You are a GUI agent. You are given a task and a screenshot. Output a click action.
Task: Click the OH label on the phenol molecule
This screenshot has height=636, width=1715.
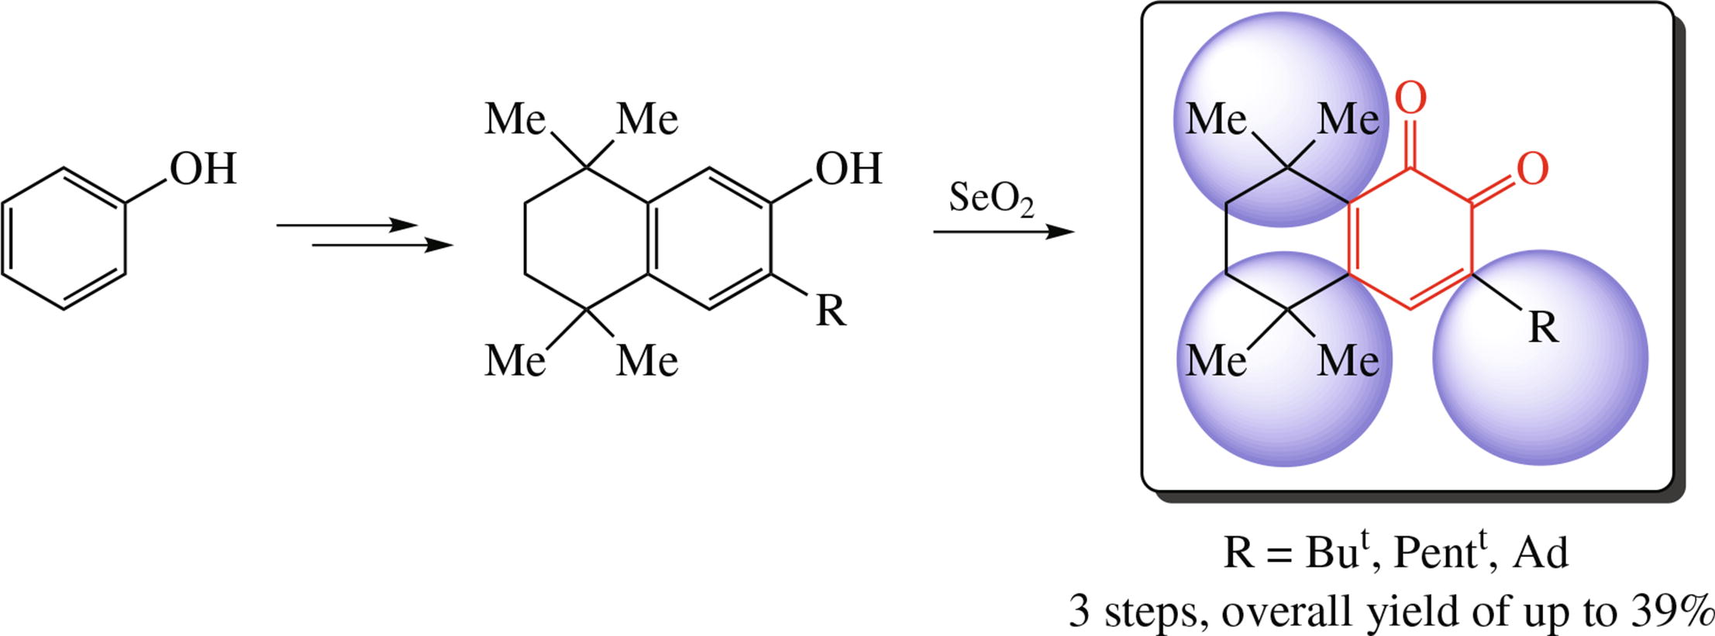click(203, 169)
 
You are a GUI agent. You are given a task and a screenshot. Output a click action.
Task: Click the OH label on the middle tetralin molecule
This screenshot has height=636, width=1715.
click(849, 169)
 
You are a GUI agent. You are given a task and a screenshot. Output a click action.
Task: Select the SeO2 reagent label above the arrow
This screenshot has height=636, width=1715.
click(991, 199)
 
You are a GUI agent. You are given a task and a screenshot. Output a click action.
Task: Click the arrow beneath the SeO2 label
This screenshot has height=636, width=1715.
click(1003, 232)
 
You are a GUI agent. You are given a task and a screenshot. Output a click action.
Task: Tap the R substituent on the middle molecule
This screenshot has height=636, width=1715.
click(831, 311)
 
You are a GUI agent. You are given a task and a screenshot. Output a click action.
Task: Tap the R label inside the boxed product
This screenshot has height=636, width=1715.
click(1542, 328)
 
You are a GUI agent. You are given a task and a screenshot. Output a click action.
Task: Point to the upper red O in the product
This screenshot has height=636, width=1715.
click(1410, 99)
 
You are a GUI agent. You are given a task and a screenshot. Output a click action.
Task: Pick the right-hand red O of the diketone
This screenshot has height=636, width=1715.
click(1532, 169)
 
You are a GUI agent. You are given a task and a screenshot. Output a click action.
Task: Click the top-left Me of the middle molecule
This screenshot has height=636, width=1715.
click(515, 120)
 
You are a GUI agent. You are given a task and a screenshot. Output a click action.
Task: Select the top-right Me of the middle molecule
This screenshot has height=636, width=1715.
click(647, 120)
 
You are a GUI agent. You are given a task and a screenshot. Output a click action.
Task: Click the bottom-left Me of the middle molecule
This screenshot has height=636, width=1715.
click(515, 361)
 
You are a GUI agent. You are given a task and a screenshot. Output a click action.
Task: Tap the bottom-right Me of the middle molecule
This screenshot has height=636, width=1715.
click(647, 361)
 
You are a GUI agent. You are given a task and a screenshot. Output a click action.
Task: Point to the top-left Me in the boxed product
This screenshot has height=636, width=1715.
click(1216, 120)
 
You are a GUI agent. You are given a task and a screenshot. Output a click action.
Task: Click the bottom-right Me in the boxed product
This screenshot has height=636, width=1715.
click(1348, 361)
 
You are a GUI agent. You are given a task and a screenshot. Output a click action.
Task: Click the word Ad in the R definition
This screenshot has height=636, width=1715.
click(1541, 553)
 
